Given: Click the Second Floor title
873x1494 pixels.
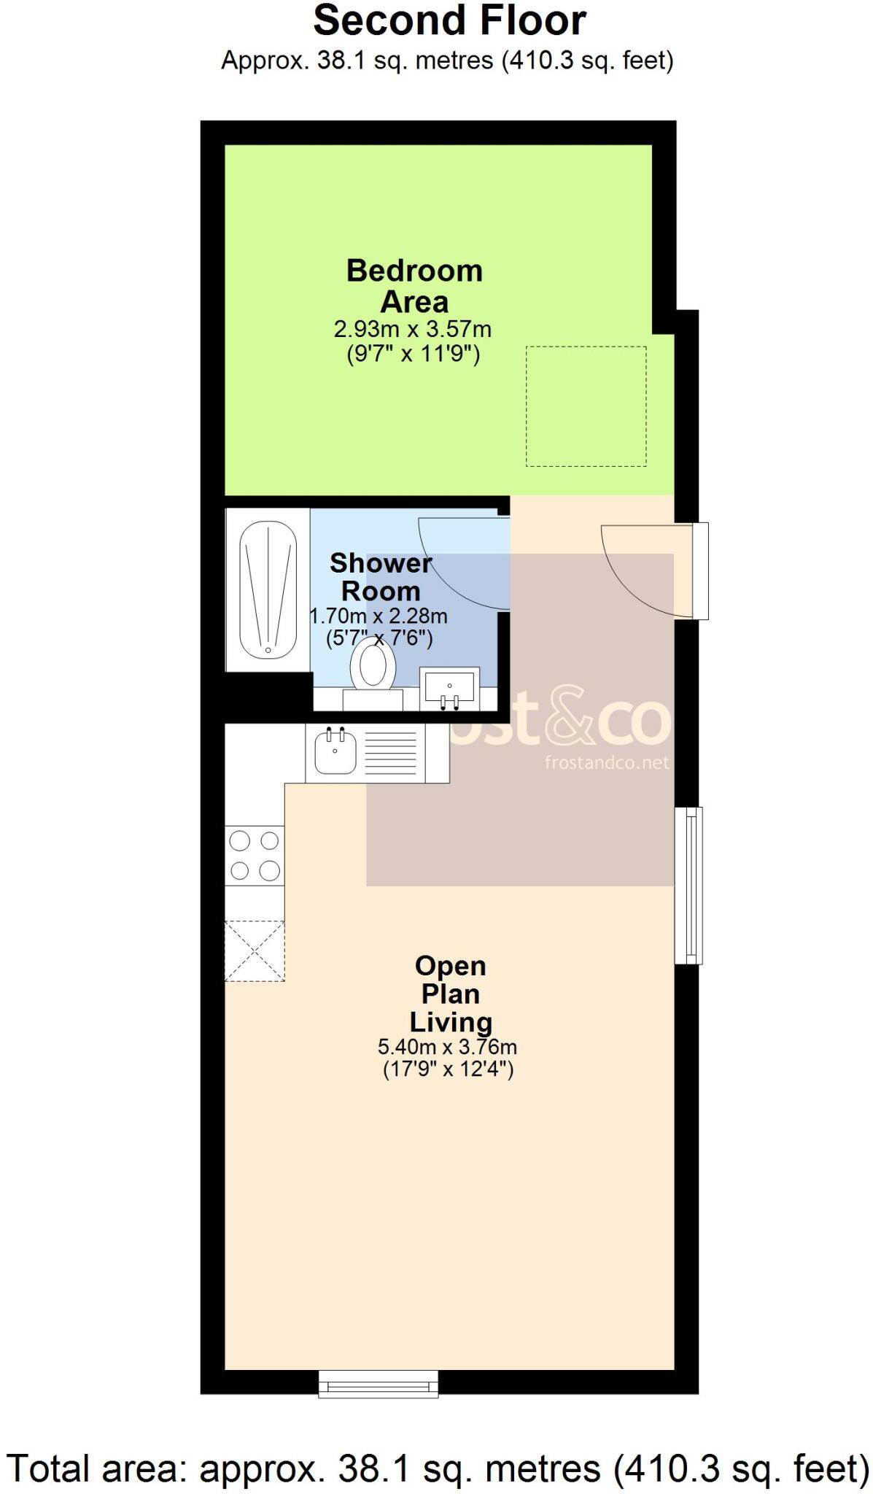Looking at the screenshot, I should click(x=449, y=20).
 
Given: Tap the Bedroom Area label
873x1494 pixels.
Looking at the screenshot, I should click(x=414, y=286).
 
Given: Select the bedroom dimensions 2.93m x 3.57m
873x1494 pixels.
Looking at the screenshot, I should click(x=413, y=330).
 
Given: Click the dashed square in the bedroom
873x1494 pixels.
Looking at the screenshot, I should click(x=586, y=406).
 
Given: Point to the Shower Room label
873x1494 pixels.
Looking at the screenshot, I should click(x=381, y=576).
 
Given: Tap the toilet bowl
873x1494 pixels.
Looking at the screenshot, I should click(x=373, y=666).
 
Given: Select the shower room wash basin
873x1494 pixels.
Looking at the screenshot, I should click(x=449, y=687).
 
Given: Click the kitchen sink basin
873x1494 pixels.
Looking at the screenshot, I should click(x=335, y=752).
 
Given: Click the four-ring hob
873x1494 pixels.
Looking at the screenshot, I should click(x=255, y=856).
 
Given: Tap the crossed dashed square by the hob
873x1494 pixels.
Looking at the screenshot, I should click(x=255, y=951).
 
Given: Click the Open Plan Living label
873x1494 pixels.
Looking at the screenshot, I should click(x=450, y=994).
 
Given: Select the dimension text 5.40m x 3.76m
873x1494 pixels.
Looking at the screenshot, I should click(x=447, y=1048).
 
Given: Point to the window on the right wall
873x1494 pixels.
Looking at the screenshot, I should click(x=688, y=886).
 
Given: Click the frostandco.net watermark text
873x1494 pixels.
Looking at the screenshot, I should click(x=606, y=763).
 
